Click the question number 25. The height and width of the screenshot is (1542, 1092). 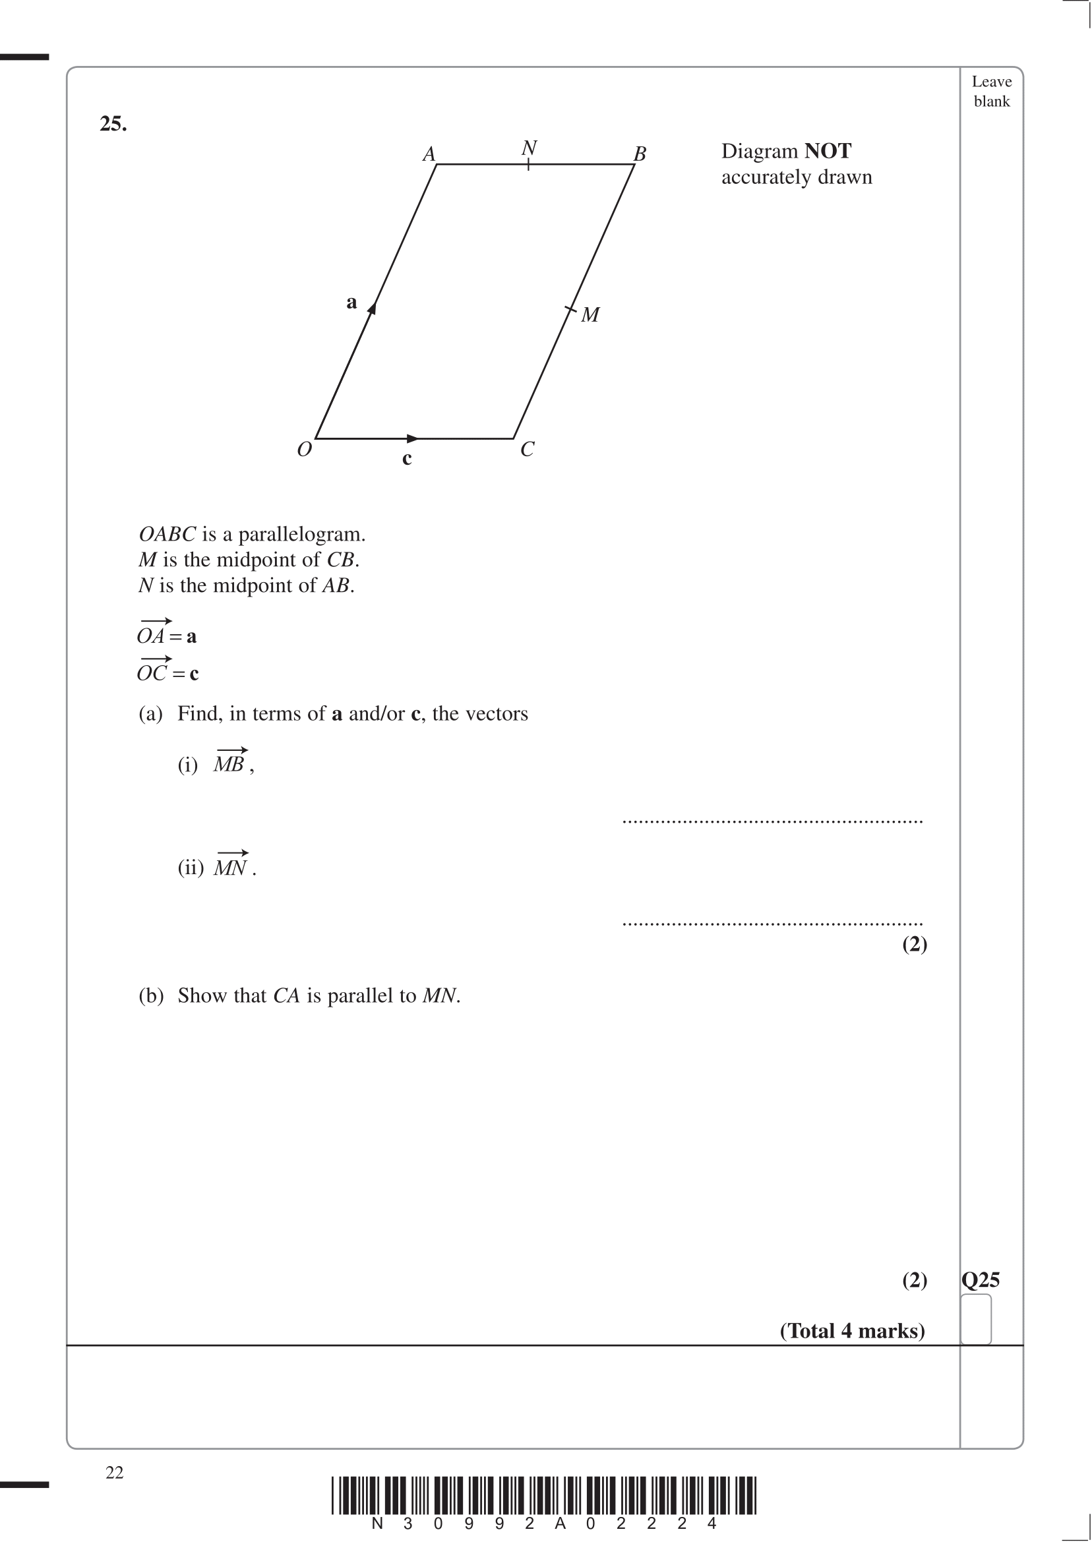coord(113,124)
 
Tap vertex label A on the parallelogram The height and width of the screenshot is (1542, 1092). coord(429,155)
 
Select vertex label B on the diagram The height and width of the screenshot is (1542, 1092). coord(640,155)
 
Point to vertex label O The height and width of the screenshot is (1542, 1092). coord(305,449)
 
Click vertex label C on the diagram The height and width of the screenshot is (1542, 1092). coord(527,449)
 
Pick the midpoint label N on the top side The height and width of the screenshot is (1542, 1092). coord(530,148)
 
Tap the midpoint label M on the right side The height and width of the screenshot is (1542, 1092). coord(590,314)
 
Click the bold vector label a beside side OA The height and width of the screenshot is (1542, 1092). coord(351,303)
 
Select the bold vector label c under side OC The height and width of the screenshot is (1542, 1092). coord(407,459)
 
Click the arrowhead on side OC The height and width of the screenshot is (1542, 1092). coord(413,439)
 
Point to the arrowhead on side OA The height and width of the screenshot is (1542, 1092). coord(372,309)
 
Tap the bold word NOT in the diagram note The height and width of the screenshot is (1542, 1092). coord(828,151)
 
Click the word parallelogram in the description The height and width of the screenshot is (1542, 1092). coord(302,535)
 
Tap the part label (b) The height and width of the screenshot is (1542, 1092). coord(151,995)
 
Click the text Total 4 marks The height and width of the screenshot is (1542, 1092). coord(852,1330)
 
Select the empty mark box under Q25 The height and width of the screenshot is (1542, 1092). coord(976,1318)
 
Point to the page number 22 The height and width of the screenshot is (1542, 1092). coord(115,1472)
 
